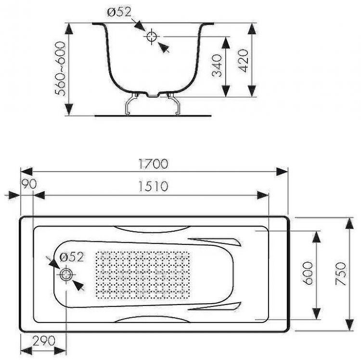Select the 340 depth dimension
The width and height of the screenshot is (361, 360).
point(216,66)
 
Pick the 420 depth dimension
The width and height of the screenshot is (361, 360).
point(243,60)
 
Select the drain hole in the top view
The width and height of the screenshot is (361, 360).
point(66,275)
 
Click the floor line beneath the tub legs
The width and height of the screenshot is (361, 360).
point(153,116)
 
